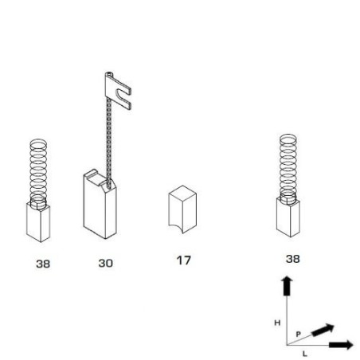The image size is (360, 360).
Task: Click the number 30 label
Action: [106, 263]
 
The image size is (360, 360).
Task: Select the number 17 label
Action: [184, 260]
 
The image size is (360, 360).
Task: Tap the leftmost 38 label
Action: [43, 264]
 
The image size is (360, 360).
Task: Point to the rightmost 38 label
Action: [293, 259]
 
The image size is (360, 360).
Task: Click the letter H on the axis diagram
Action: [277, 323]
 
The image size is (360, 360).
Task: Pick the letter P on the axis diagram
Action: [299, 335]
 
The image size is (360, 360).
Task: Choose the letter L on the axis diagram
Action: [305, 354]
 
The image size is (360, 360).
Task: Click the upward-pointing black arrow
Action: [287, 286]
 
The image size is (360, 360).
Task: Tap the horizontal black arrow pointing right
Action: [341, 345]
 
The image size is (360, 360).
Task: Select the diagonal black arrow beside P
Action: [323, 330]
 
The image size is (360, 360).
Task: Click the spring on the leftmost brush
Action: [38, 173]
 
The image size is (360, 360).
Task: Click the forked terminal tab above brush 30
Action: [118, 91]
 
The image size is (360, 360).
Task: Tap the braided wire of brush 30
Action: [109, 142]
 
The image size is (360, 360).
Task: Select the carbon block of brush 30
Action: [100, 205]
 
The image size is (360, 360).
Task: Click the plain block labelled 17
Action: [182, 209]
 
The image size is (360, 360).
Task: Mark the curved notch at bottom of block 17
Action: [176, 228]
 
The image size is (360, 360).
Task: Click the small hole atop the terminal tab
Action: [108, 73]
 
